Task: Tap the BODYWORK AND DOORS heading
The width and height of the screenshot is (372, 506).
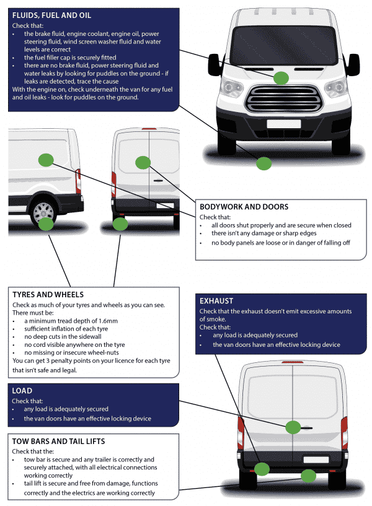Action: [244, 207]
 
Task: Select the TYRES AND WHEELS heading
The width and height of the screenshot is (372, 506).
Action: [48, 295]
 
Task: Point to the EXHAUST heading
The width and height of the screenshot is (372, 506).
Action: [216, 301]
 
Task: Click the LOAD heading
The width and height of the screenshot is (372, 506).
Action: [22, 391]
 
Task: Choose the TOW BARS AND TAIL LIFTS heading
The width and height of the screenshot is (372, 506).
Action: [58, 441]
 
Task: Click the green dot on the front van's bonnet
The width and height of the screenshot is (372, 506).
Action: [281, 77]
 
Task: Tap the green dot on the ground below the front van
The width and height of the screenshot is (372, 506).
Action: [264, 164]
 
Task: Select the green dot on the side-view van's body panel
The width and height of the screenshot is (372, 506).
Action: [46, 160]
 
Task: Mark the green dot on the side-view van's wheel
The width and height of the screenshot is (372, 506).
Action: [46, 224]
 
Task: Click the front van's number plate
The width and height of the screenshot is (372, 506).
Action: [275, 123]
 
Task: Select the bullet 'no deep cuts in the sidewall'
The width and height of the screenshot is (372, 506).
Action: [68, 337]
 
